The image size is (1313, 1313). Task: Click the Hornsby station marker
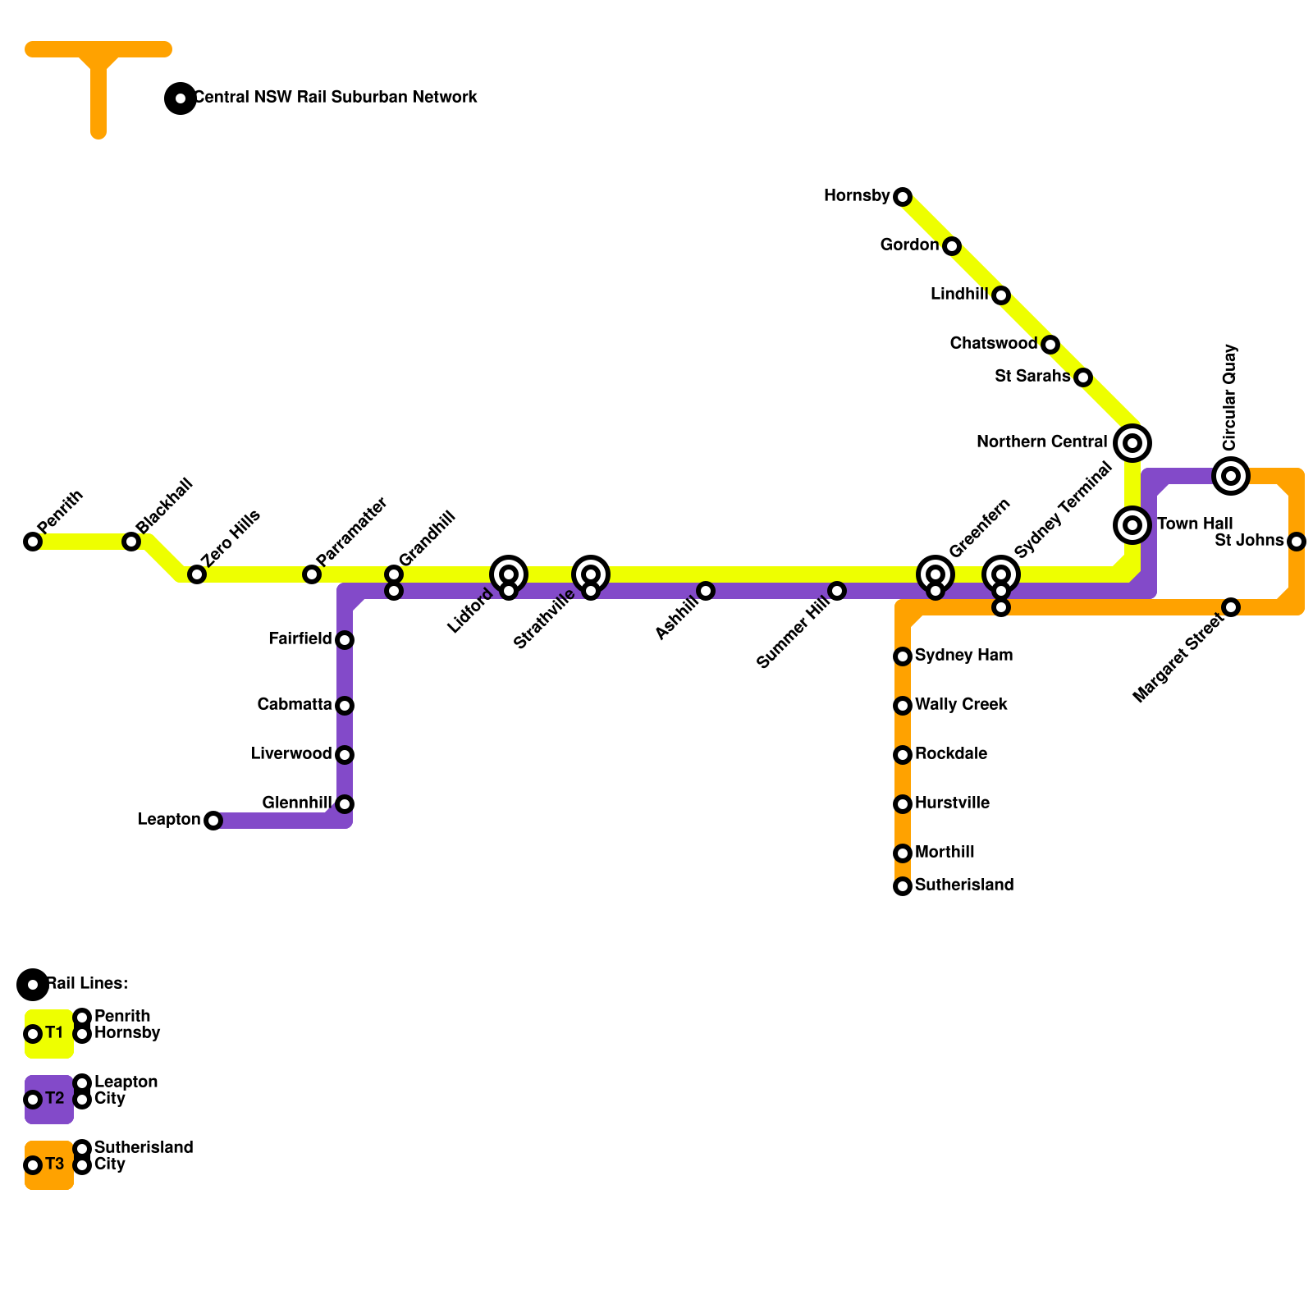[x=903, y=197]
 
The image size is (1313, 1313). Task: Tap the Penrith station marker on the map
[x=33, y=542]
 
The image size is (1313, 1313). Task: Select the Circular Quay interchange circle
[x=1231, y=476]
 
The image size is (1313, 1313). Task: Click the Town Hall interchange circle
[x=1132, y=524]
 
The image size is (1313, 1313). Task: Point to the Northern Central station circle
[x=1132, y=443]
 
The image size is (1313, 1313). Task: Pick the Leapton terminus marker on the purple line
[x=213, y=821]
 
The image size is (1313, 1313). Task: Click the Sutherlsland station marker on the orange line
[x=903, y=886]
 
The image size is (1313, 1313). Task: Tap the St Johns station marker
[x=1297, y=542]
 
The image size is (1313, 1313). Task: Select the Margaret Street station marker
[x=1231, y=607]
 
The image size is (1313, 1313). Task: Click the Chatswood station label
[x=993, y=343]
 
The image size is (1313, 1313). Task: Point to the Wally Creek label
[x=961, y=704]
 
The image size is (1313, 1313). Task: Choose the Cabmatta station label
[x=294, y=704]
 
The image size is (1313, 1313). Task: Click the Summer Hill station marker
[x=837, y=591]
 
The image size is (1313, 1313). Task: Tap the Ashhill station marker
[x=706, y=591]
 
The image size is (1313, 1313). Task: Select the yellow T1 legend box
[x=49, y=1033]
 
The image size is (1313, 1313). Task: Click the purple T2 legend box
[x=49, y=1099]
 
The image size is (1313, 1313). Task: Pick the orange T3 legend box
[x=49, y=1164]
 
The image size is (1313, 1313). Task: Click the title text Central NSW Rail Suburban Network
[x=335, y=97]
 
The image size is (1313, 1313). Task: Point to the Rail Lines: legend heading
[x=87, y=983]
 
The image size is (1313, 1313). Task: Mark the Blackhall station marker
[x=131, y=542]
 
